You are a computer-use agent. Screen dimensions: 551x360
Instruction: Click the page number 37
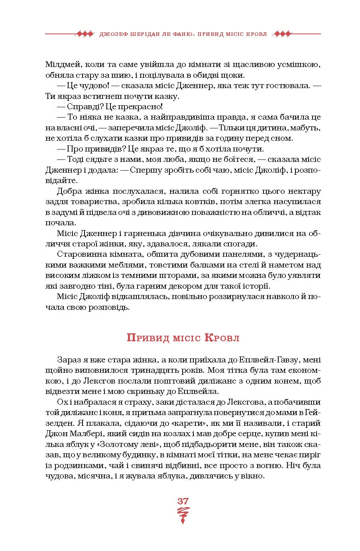point(183,501)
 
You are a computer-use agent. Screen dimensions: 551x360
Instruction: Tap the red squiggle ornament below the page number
point(183,514)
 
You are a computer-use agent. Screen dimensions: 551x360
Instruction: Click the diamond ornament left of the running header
point(85,34)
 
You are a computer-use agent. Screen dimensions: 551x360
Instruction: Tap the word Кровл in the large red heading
point(222,338)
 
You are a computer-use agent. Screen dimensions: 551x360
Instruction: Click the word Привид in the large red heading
point(144,338)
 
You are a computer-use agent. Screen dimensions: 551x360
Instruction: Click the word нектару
point(302,191)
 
